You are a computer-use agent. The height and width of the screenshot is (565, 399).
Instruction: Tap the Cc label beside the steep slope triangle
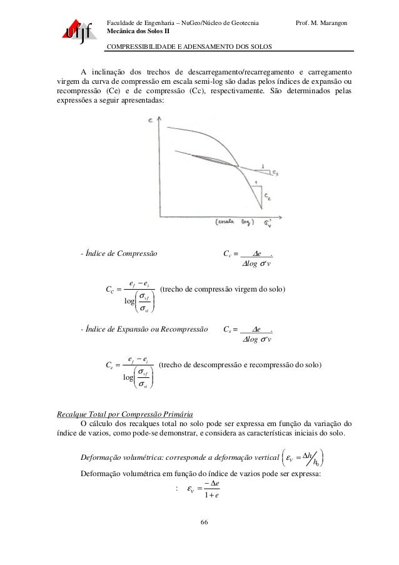click(266, 198)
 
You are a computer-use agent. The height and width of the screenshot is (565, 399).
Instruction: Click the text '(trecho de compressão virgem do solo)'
click(223, 289)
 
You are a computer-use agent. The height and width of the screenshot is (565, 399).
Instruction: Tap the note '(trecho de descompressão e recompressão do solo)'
click(240, 364)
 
